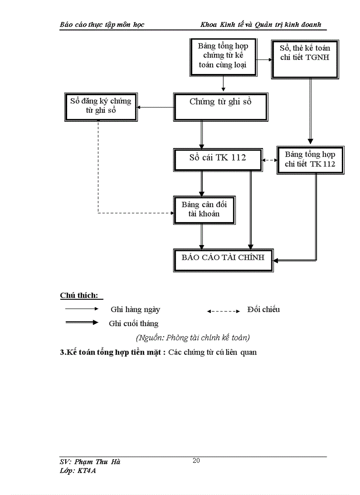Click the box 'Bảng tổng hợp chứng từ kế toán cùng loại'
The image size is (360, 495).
[x=223, y=56]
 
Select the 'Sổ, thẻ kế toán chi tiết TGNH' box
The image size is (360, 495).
[x=305, y=59]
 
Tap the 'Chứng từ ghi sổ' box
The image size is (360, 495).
[x=221, y=106]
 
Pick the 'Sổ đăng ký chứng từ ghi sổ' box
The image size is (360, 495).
[x=101, y=107]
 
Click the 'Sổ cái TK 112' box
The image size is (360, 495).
[x=218, y=158]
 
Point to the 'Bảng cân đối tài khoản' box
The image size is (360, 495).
[x=201, y=209]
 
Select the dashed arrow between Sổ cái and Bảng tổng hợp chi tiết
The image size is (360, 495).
[x=270, y=160]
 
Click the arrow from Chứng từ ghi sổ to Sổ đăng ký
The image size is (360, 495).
[x=155, y=107]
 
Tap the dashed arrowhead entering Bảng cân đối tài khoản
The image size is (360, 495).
[x=171, y=213]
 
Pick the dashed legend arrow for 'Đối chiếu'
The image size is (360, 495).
[x=223, y=311]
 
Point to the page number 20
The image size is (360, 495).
[x=196, y=461]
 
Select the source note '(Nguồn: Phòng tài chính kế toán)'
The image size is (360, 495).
[x=193, y=338]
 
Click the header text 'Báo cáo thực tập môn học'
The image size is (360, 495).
[x=102, y=25]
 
